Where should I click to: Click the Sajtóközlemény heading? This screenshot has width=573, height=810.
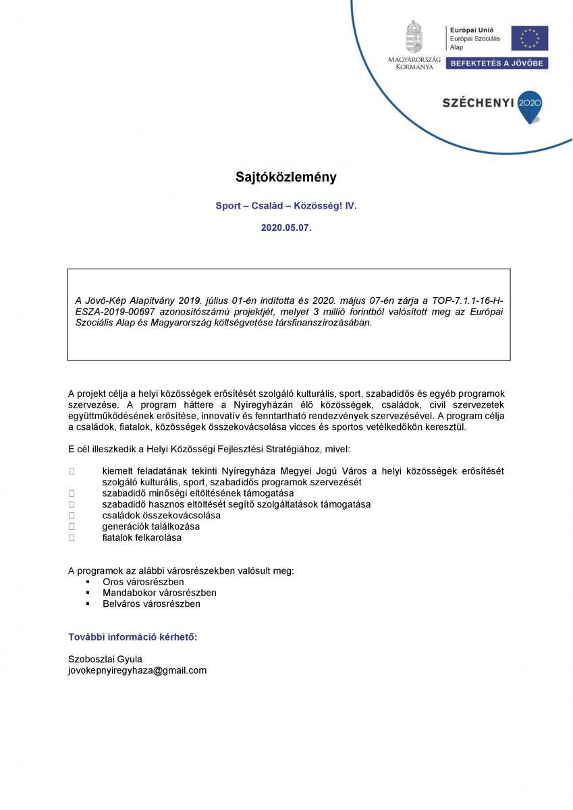(x=286, y=178)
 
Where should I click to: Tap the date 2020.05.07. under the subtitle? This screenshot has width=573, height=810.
(x=286, y=228)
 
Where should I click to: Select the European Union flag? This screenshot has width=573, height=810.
(x=529, y=38)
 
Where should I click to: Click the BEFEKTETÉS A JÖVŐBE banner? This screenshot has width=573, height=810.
(x=498, y=63)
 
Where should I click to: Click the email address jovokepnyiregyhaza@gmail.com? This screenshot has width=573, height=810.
(x=137, y=670)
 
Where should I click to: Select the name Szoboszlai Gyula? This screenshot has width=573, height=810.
(x=105, y=659)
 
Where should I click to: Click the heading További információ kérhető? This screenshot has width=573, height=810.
(x=133, y=637)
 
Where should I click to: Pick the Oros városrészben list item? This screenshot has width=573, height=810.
(x=143, y=581)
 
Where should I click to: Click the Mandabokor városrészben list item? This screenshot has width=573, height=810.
(x=159, y=593)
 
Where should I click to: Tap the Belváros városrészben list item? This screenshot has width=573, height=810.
(x=151, y=603)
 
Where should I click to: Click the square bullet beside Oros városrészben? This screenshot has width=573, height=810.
(x=88, y=581)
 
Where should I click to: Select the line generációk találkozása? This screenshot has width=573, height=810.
(x=151, y=526)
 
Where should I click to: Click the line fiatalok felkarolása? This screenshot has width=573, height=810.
(x=142, y=538)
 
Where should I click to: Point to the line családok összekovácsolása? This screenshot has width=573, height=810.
(x=161, y=515)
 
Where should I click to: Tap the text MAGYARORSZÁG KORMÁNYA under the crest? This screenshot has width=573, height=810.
(x=414, y=63)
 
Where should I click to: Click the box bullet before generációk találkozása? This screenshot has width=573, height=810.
(x=72, y=526)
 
